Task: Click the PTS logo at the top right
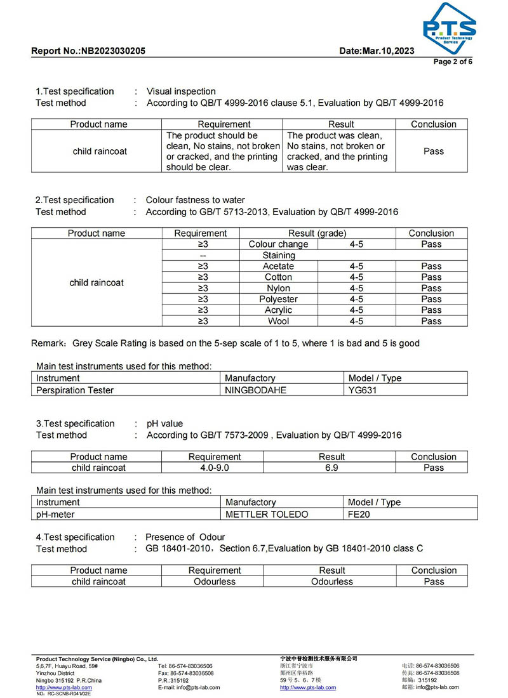tap(449, 29)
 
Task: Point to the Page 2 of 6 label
tap(453, 62)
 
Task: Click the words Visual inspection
tap(181, 91)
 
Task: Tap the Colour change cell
tap(278, 244)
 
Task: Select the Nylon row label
tap(278, 288)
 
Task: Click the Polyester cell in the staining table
tap(278, 299)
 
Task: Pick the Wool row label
tap(278, 321)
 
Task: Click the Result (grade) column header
tap(317, 234)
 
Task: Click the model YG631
tap(363, 390)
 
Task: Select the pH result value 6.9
tap(331, 468)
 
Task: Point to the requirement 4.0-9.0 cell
tap(214, 468)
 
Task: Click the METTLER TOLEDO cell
tap(267, 514)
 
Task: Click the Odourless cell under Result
tap(331, 581)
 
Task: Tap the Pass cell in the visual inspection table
tap(433, 152)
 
